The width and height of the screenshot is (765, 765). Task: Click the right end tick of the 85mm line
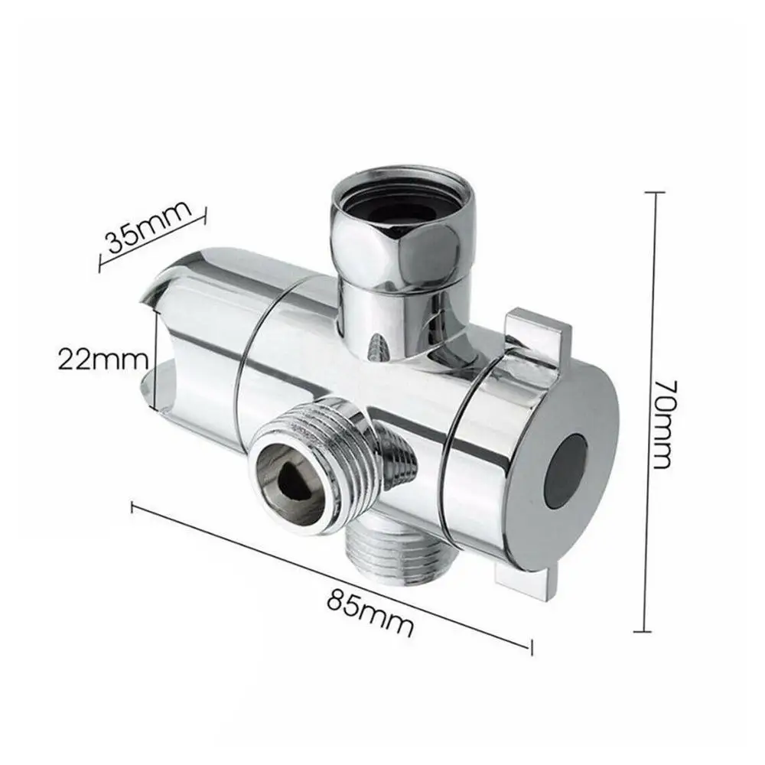point(529,649)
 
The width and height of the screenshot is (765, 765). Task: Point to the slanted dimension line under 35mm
point(153,243)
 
